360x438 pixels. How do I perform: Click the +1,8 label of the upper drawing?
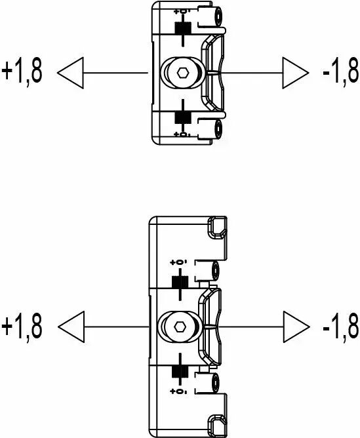[22, 71]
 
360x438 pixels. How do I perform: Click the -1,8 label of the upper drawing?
[340, 71]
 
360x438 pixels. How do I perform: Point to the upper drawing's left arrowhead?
[70, 73]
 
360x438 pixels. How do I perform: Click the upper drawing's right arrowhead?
[296, 73]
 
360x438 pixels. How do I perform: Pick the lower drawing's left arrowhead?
[71, 327]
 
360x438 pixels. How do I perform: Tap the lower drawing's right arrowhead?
[296, 327]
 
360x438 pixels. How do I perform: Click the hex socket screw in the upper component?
[183, 73]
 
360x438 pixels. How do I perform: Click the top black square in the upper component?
[183, 30]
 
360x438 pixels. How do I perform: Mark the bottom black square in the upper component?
[183, 117]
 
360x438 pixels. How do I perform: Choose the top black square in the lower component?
[180, 283]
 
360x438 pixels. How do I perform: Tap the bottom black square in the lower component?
[180, 371]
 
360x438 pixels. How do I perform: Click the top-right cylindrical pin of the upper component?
[218, 16]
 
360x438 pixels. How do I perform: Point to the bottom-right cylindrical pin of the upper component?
[218, 129]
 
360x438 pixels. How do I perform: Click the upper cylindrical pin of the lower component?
[215, 270]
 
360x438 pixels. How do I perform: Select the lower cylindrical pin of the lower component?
[215, 383]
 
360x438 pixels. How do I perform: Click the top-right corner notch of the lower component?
[218, 227]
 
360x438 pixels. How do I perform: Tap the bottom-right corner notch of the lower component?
[218, 426]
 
